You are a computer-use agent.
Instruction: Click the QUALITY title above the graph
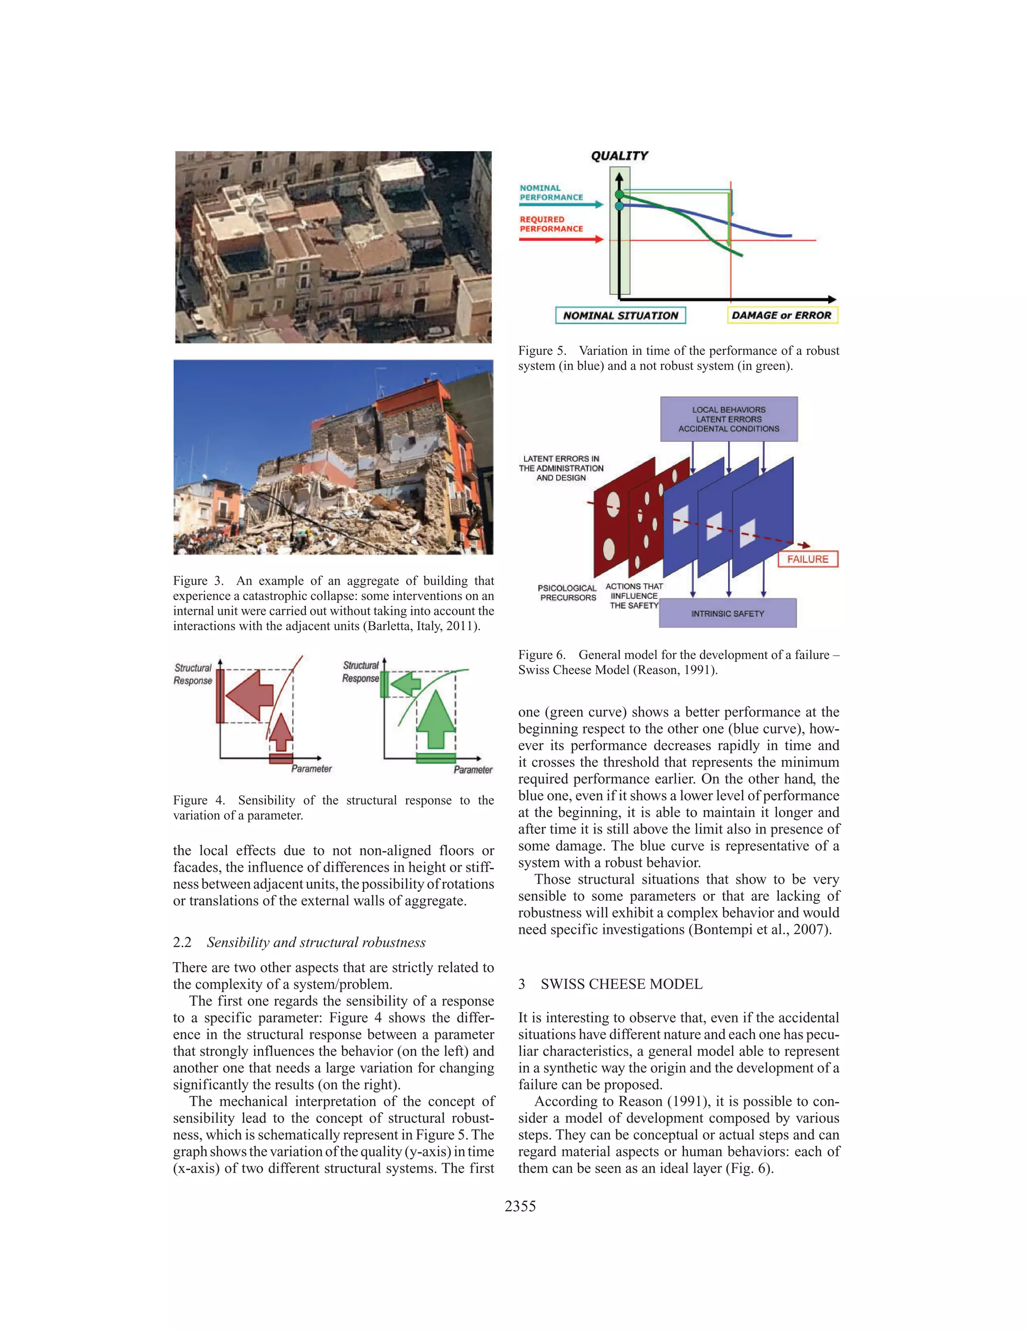(619, 156)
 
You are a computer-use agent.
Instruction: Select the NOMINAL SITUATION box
(620, 316)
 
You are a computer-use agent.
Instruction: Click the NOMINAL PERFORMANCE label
(551, 192)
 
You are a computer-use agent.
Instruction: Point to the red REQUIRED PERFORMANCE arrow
(561, 239)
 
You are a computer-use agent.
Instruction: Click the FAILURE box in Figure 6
(808, 559)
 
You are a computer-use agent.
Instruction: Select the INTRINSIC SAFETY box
(727, 613)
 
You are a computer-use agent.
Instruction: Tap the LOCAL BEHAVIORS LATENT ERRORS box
(728, 419)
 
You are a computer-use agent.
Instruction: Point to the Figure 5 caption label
(542, 351)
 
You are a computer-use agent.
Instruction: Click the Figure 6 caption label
(542, 654)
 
